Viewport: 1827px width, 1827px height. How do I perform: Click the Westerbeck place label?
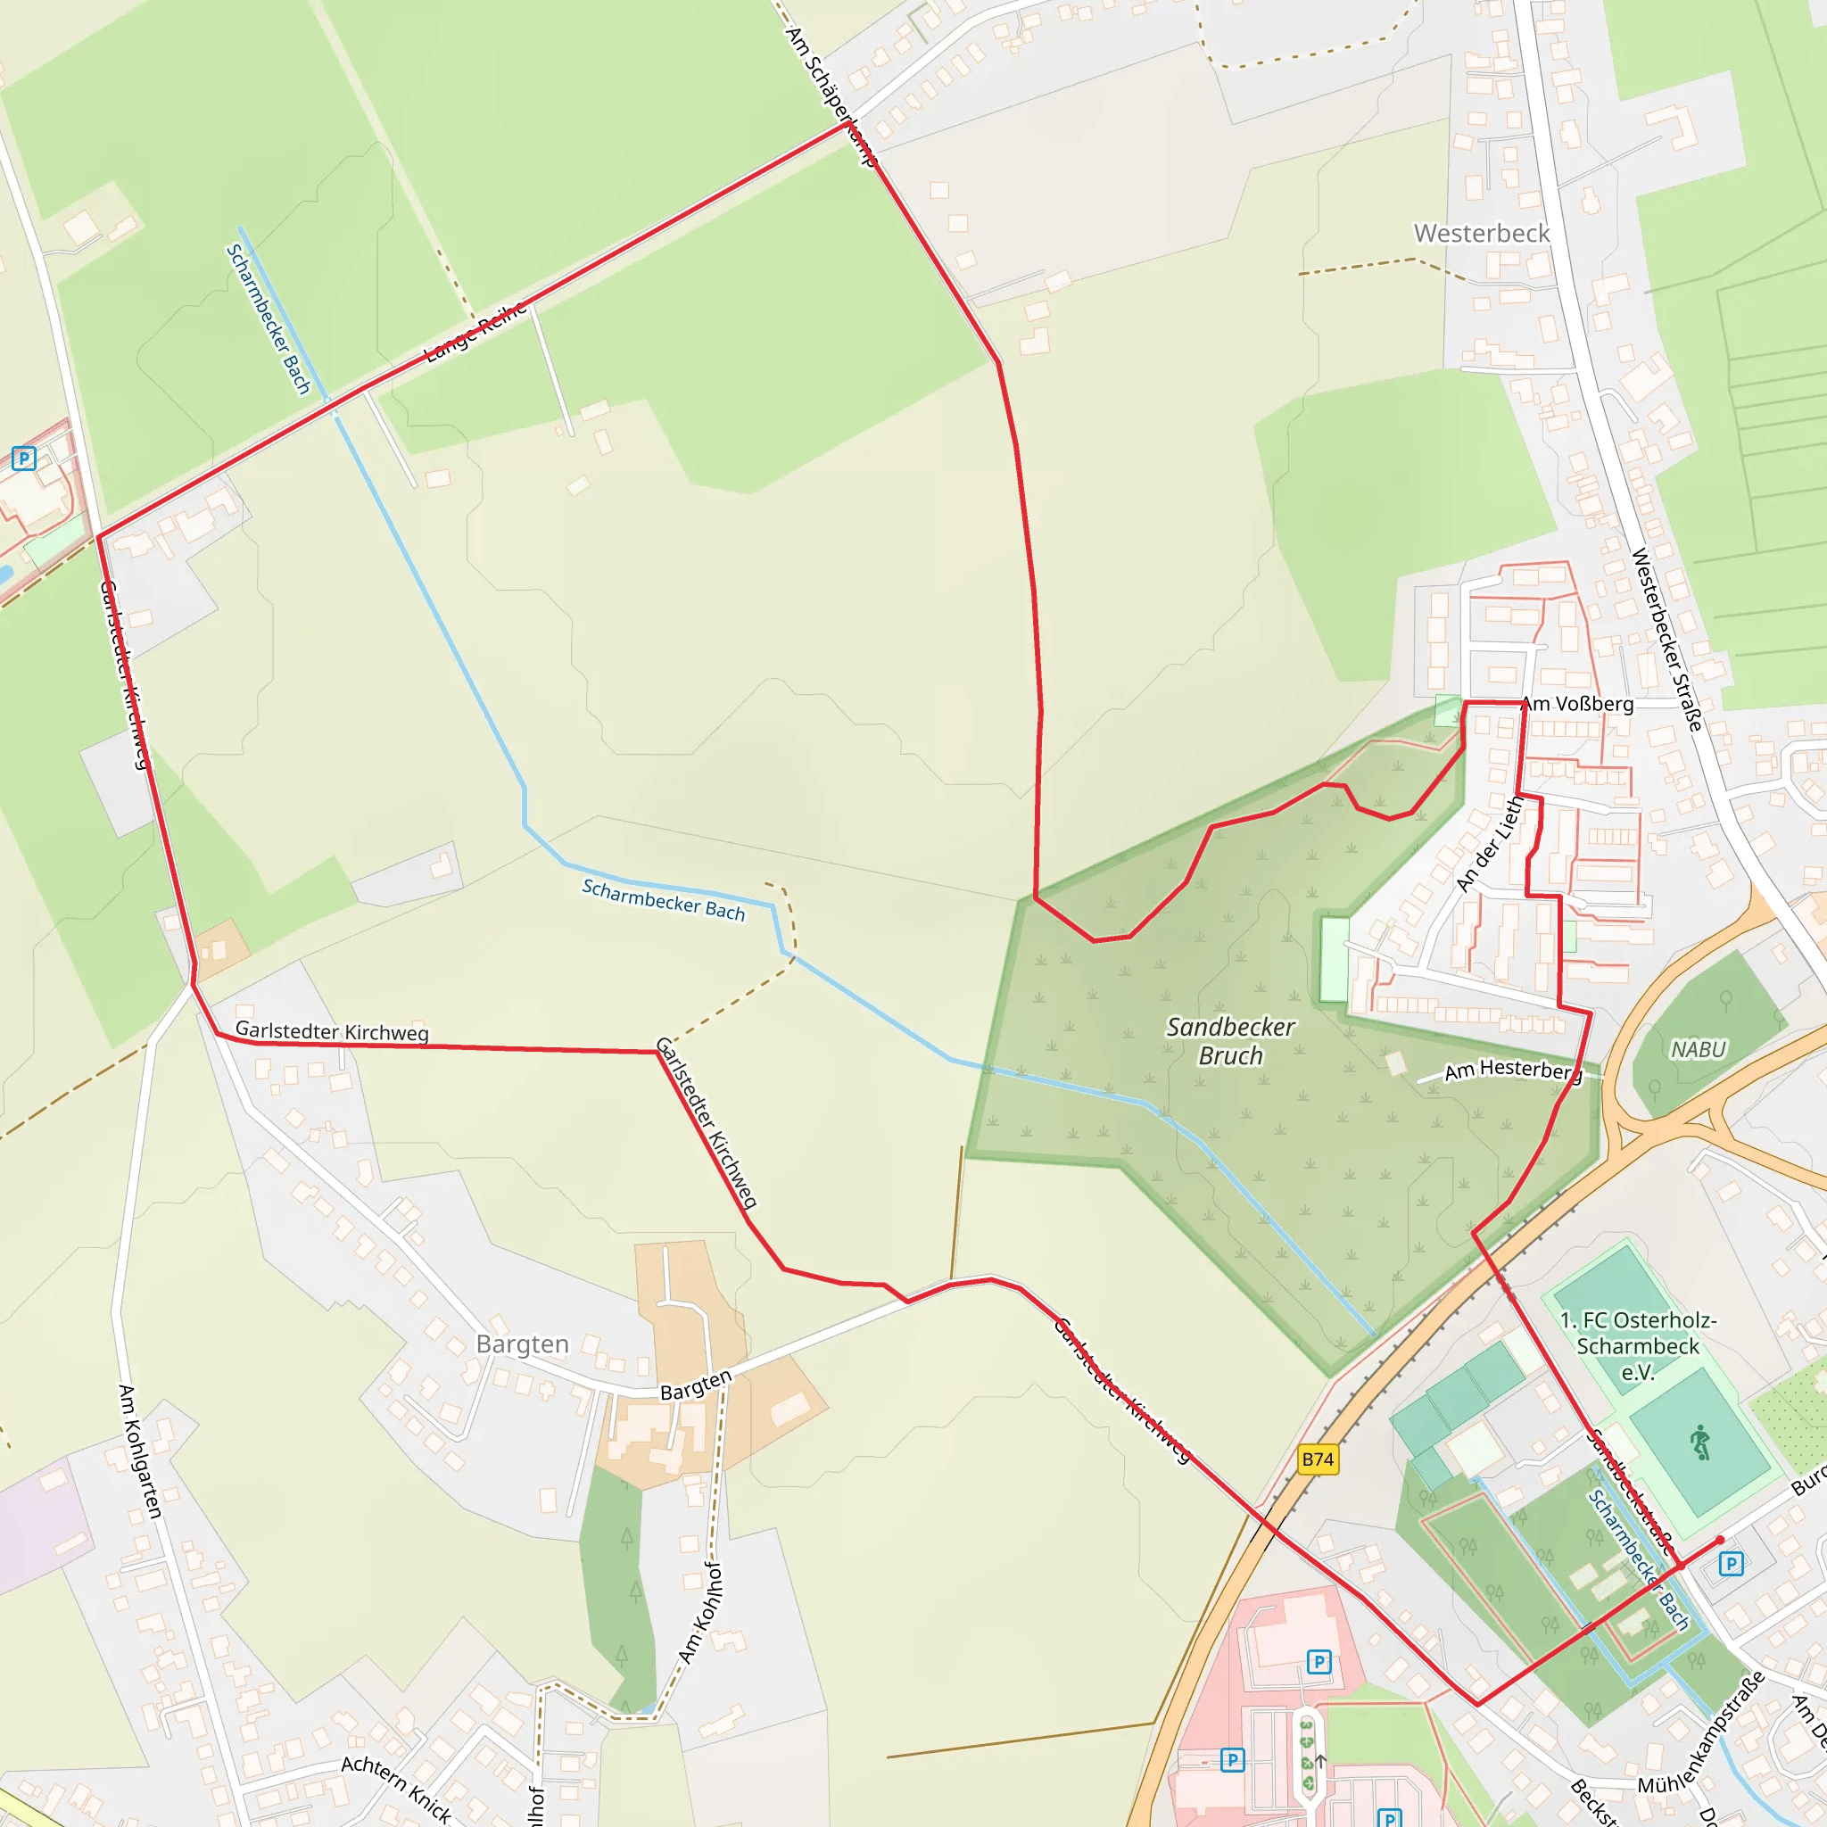pos(1481,233)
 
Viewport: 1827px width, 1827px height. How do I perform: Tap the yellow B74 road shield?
pos(1318,1459)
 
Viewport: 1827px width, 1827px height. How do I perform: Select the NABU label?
pos(1699,1049)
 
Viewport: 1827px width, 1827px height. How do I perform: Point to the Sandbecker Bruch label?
pos(1230,1040)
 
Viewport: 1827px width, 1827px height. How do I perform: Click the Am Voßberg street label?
pos(1577,704)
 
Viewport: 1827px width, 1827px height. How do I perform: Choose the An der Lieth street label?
pos(1490,844)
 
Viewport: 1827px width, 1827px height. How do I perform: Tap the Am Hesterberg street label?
pos(1512,1070)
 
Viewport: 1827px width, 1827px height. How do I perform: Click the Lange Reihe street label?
pos(475,332)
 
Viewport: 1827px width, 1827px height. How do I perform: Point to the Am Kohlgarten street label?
pos(140,1451)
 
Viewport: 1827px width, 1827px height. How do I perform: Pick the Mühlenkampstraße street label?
pos(1701,1732)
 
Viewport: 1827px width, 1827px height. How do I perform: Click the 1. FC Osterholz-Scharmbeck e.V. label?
pos(1638,1345)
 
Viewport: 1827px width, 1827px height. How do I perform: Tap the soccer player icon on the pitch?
pos(1700,1443)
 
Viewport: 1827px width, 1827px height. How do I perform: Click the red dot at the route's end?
pos(1720,1541)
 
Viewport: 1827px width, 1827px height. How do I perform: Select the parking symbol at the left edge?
pos(24,459)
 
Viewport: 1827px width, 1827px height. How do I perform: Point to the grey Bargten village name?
pos(522,1343)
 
